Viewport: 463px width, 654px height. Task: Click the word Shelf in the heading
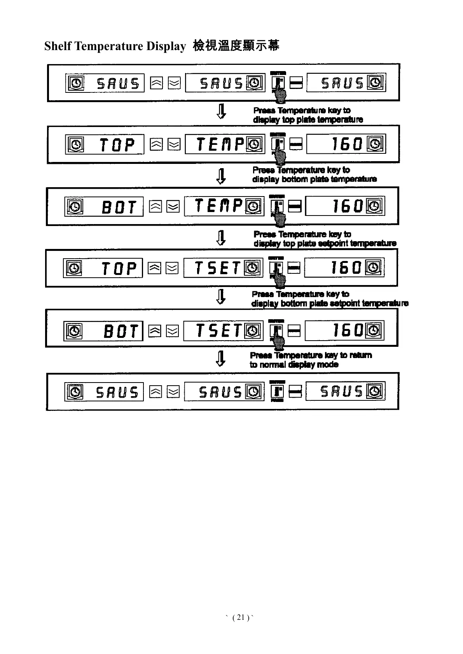58,46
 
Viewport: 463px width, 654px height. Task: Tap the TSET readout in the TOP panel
218,268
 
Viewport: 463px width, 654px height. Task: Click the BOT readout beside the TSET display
121,331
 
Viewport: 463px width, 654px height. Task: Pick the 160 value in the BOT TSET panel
348,330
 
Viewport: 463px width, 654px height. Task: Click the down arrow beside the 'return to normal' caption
220,358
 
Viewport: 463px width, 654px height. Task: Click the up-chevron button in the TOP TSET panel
155,268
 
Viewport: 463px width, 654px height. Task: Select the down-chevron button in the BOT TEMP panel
173,206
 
